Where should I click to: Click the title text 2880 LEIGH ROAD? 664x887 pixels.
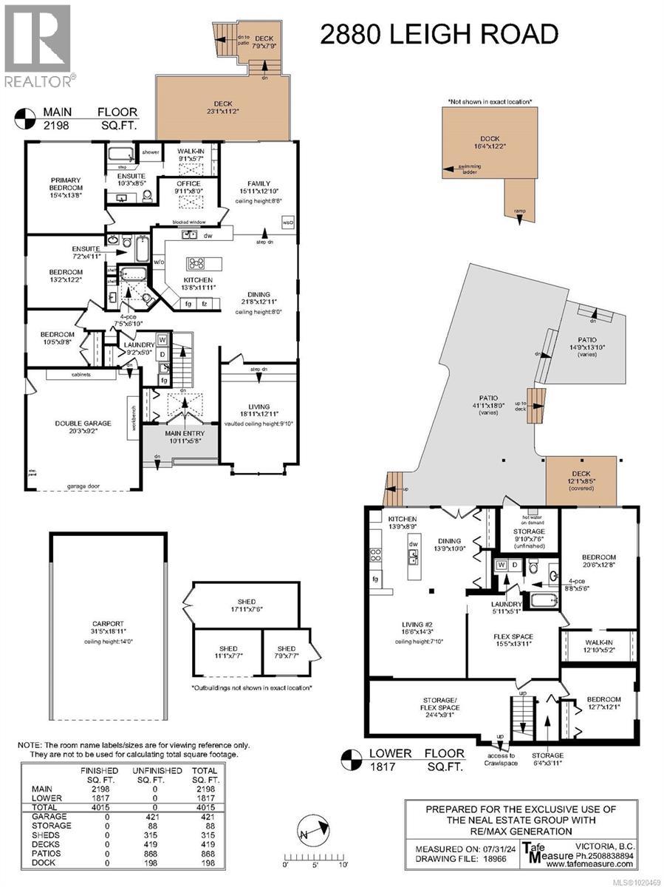point(439,34)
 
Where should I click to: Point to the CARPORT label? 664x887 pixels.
point(109,630)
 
